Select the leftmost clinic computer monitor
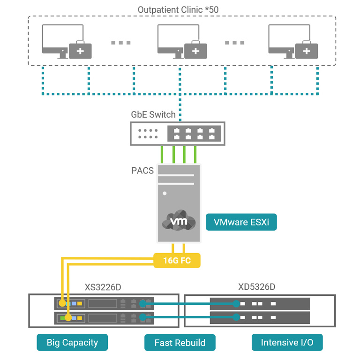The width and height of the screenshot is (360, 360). click(58, 39)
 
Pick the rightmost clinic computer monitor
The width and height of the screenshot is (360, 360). click(284, 39)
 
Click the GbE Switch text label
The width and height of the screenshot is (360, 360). click(153, 114)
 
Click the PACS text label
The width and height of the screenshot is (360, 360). click(142, 170)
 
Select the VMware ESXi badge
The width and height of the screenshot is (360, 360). click(241, 222)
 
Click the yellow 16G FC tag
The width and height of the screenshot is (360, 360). click(177, 260)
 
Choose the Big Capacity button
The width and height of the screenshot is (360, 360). click(72, 342)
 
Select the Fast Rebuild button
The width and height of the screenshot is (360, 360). click(180, 343)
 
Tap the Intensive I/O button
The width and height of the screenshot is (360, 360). click(287, 342)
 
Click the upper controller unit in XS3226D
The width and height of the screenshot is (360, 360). click(104, 303)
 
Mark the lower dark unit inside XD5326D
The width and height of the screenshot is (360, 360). click(260, 318)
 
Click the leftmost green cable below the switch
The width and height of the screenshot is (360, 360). click(163, 154)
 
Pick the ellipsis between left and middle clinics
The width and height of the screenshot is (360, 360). click(120, 43)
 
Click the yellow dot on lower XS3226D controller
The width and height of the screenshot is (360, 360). click(68, 318)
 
